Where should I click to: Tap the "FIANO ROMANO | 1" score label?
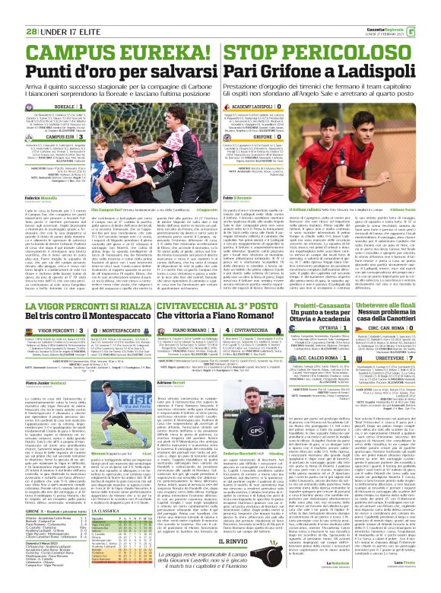[201, 330]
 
